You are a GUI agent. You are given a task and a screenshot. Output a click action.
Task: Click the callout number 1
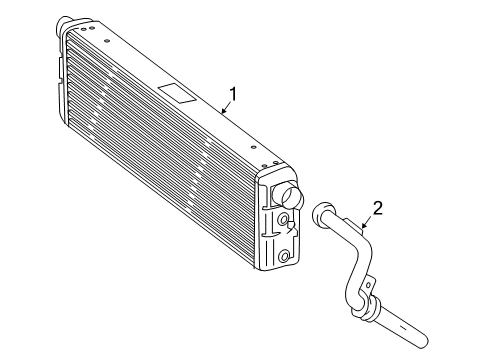233,94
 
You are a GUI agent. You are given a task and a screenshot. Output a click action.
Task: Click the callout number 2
378,208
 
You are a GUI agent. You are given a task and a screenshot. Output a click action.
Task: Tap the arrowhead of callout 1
223,111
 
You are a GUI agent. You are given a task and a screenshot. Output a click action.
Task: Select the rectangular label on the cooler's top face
176,92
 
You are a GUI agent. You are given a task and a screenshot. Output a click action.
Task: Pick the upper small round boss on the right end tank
284,220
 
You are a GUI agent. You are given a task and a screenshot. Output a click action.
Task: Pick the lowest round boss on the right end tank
284,256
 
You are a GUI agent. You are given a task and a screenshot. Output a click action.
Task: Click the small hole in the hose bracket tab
368,285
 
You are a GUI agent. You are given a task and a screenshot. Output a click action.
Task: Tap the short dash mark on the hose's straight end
403,327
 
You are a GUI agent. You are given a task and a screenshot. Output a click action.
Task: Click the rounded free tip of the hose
423,343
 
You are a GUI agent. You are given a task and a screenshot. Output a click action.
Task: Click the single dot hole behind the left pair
107,41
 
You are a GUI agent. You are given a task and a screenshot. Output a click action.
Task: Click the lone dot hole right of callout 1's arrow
253,147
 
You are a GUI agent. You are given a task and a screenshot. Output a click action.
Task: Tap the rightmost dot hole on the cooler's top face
276,163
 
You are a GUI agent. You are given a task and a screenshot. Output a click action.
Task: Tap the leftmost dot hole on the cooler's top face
83,29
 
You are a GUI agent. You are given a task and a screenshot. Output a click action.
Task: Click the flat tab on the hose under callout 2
353,224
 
